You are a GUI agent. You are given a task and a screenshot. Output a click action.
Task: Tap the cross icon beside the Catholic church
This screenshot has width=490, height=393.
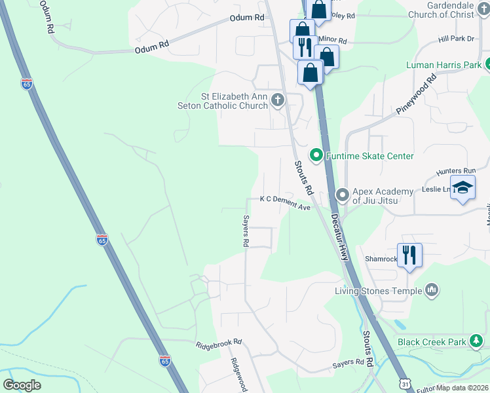pos(277,100)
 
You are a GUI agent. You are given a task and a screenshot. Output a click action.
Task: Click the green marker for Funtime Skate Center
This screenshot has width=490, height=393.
pos(316,156)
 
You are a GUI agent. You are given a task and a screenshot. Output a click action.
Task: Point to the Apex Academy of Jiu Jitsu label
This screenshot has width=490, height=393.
pos(383,196)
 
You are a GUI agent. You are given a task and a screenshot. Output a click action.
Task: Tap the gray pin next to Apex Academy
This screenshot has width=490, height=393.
pos(341,195)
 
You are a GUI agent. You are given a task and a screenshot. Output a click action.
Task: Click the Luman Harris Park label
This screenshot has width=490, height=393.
pos(443,65)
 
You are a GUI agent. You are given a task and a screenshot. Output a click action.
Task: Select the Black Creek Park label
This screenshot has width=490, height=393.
pos(431,342)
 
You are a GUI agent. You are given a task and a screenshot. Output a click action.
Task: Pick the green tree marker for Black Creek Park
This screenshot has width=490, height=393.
pos(478,341)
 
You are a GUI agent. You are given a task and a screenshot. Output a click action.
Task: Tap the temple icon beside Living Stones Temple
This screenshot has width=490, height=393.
pos(431,290)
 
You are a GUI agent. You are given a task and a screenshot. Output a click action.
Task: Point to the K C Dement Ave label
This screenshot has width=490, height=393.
pos(285,202)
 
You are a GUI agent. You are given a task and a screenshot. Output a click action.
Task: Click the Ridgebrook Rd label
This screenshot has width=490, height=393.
pos(219,343)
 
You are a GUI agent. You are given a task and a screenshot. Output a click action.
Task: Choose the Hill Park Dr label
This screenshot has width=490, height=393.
pos(456,39)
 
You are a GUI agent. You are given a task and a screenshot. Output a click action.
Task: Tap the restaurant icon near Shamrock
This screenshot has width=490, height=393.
pos(409,253)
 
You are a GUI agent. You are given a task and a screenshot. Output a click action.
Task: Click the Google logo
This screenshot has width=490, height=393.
pos(22,385)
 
